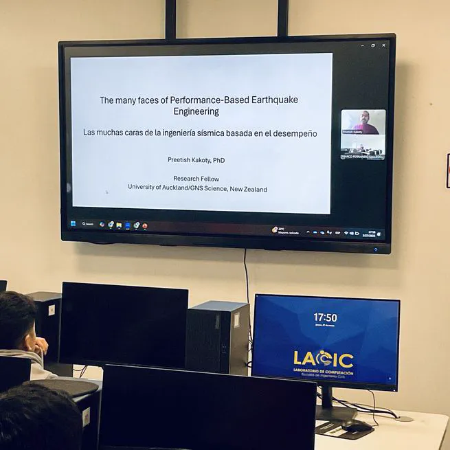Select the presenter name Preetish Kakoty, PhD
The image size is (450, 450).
coord(196,160)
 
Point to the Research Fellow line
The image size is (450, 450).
coord(196,179)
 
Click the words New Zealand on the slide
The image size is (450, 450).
coord(249,189)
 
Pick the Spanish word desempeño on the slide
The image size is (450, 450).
coord(295,133)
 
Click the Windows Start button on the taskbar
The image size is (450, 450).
coord(73,223)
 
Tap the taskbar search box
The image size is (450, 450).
coord(87,224)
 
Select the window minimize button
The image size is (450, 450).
coord(362,45)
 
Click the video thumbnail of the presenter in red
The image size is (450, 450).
coord(363,122)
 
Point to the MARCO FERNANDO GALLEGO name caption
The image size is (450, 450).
coord(363,157)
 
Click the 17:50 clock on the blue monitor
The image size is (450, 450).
coord(325,318)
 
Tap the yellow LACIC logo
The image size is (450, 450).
coord(323,359)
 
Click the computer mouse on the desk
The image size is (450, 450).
coord(357,427)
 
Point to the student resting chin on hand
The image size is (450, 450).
coord(21,330)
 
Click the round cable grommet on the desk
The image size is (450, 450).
coord(404,418)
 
